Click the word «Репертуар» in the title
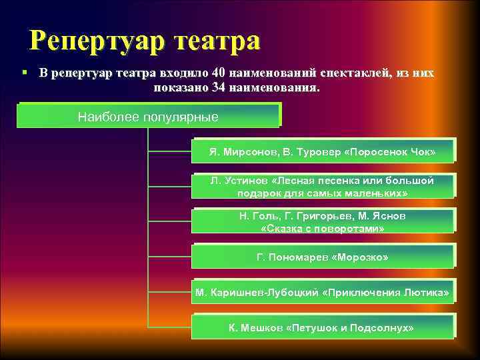(x=97, y=41)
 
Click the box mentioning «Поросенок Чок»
(x=323, y=152)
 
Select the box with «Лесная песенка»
(x=323, y=187)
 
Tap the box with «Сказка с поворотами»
(x=323, y=222)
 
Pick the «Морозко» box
(x=323, y=257)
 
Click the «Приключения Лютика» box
(x=323, y=293)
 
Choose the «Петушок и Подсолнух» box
(x=323, y=328)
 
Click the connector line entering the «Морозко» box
(x=169, y=257)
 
